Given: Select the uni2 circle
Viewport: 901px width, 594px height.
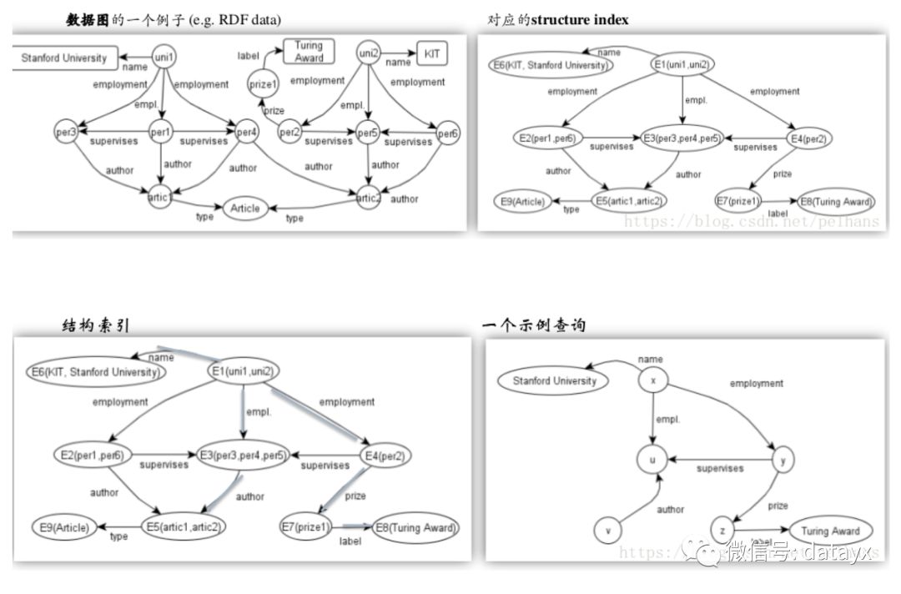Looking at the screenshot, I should point(370,53).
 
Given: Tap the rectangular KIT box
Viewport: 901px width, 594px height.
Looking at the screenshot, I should point(431,54).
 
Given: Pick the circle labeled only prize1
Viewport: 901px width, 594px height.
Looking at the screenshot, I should point(260,83).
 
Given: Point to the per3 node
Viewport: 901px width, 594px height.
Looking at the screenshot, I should point(67,132).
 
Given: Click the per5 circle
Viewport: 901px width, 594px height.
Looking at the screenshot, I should point(368,133).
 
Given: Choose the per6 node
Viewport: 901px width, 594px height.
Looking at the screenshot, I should point(448,133).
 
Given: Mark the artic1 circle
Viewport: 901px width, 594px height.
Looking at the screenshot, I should point(161,198).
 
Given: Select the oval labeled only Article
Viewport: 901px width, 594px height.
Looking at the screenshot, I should point(244,209).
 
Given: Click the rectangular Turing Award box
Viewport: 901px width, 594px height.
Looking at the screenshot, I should point(309,52).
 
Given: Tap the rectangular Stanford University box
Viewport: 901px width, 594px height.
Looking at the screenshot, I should point(64,58).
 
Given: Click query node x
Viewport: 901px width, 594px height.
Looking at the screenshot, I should point(653,380).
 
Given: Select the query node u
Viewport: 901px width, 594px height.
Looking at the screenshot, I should point(653,459).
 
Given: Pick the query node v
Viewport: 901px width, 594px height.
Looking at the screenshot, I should point(609,530).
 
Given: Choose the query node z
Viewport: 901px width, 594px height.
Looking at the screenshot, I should point(723,530).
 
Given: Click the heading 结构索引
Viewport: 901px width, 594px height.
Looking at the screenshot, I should point(96,325).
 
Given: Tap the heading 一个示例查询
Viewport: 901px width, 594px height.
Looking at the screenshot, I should point(534,325).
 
